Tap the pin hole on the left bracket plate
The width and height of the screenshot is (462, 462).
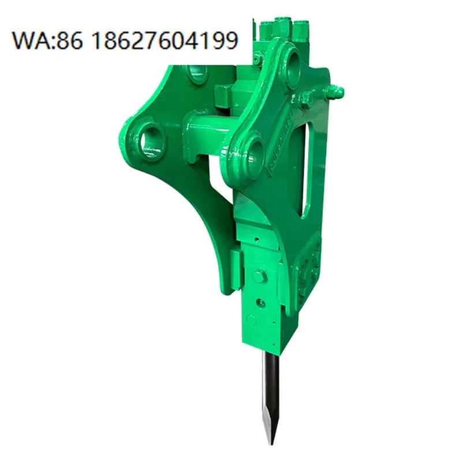151,138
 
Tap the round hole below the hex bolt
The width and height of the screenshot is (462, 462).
262,302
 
